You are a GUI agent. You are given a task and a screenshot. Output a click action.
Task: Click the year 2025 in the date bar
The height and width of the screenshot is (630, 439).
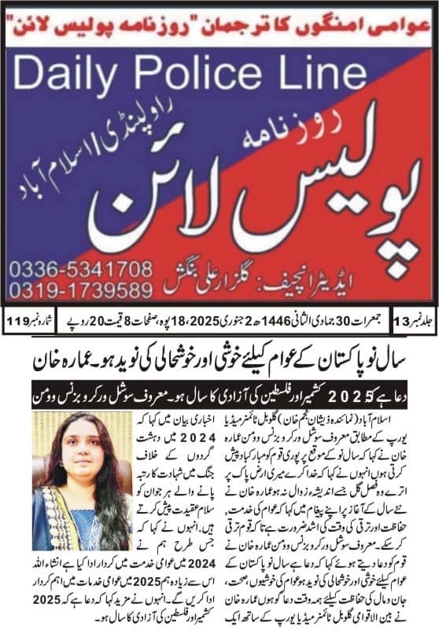(198, 320)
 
